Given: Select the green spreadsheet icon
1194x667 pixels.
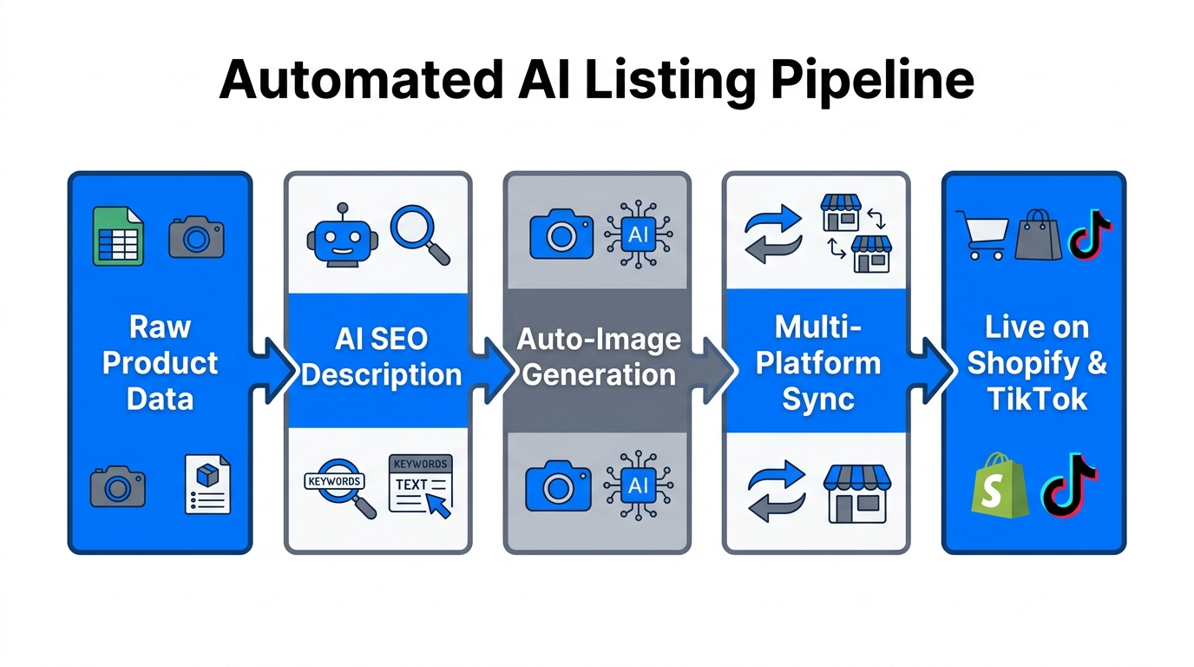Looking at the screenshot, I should [118, 235].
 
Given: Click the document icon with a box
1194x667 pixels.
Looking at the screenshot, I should [208, 485].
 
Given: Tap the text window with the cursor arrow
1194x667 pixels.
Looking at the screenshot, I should [421, 485].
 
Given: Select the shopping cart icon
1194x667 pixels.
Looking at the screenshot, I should [981, 235].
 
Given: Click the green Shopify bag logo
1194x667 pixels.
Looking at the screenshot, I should [999, 485].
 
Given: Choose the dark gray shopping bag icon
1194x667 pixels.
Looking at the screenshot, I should [1038, 234].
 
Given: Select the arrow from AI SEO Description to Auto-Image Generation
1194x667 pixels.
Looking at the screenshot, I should [491, 364].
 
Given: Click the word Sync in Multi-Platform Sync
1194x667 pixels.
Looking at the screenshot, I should [817, 400].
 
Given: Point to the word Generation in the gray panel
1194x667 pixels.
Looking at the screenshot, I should [599, 375].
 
